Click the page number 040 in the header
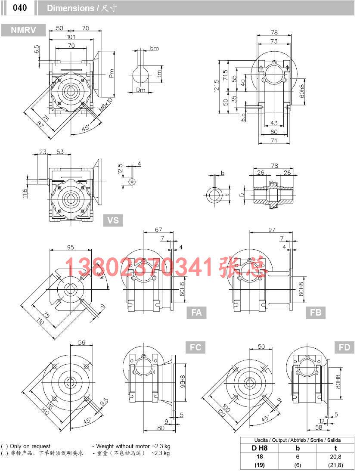(19, 8)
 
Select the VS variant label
(113, 220)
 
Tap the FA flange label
(196, 313)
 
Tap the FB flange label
(316, 313)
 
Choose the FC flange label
(196, 347)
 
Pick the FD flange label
(344, 347)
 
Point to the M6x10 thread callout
(106, 105)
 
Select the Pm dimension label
(111, 74)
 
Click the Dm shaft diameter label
(140, 90)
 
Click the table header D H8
(260, 448)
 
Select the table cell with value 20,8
(335, 456)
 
